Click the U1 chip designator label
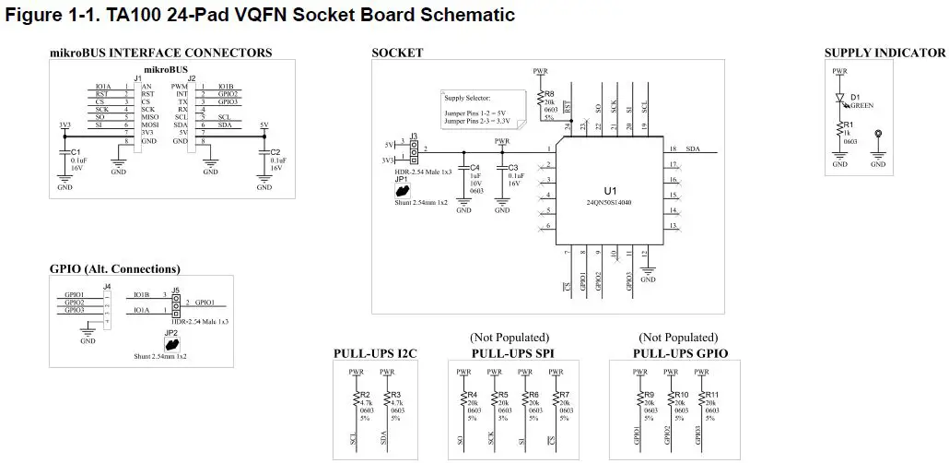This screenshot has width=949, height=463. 610,190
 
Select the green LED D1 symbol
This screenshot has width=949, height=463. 839,97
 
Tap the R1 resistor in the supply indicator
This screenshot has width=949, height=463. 839,129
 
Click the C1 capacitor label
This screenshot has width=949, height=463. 76,151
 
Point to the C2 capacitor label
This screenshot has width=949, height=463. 275,151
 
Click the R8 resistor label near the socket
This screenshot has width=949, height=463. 549,94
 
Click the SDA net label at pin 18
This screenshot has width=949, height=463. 693,148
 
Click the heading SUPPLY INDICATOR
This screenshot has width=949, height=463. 885,53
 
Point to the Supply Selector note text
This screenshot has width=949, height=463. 467,97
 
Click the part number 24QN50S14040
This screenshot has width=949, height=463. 610,202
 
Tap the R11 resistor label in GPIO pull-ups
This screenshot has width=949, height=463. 710,395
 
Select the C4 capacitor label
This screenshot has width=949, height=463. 474,167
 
